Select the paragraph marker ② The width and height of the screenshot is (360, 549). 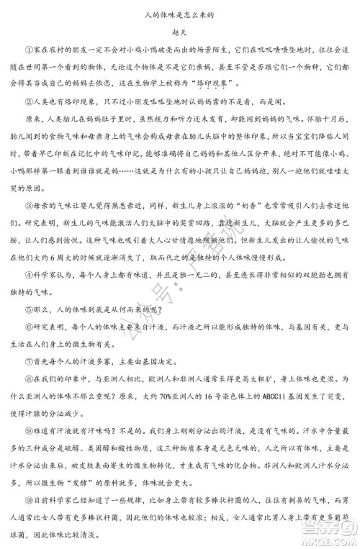click(28, 102)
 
